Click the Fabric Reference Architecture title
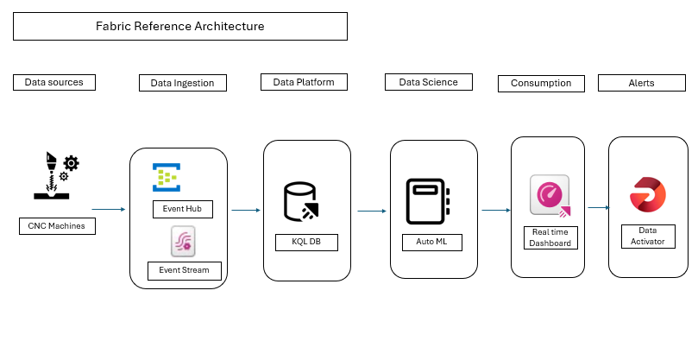(179, 27)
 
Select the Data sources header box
(53, 83)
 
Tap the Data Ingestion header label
(182, 83)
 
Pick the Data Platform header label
(304, 82)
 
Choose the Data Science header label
(428, 82)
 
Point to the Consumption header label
(541, 84)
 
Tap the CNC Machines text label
(56, 227)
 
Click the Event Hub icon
(166, 178)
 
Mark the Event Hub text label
(182, 209)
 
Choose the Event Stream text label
(184, 270)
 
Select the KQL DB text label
(306, 242)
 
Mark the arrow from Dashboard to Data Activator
(598, 207)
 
